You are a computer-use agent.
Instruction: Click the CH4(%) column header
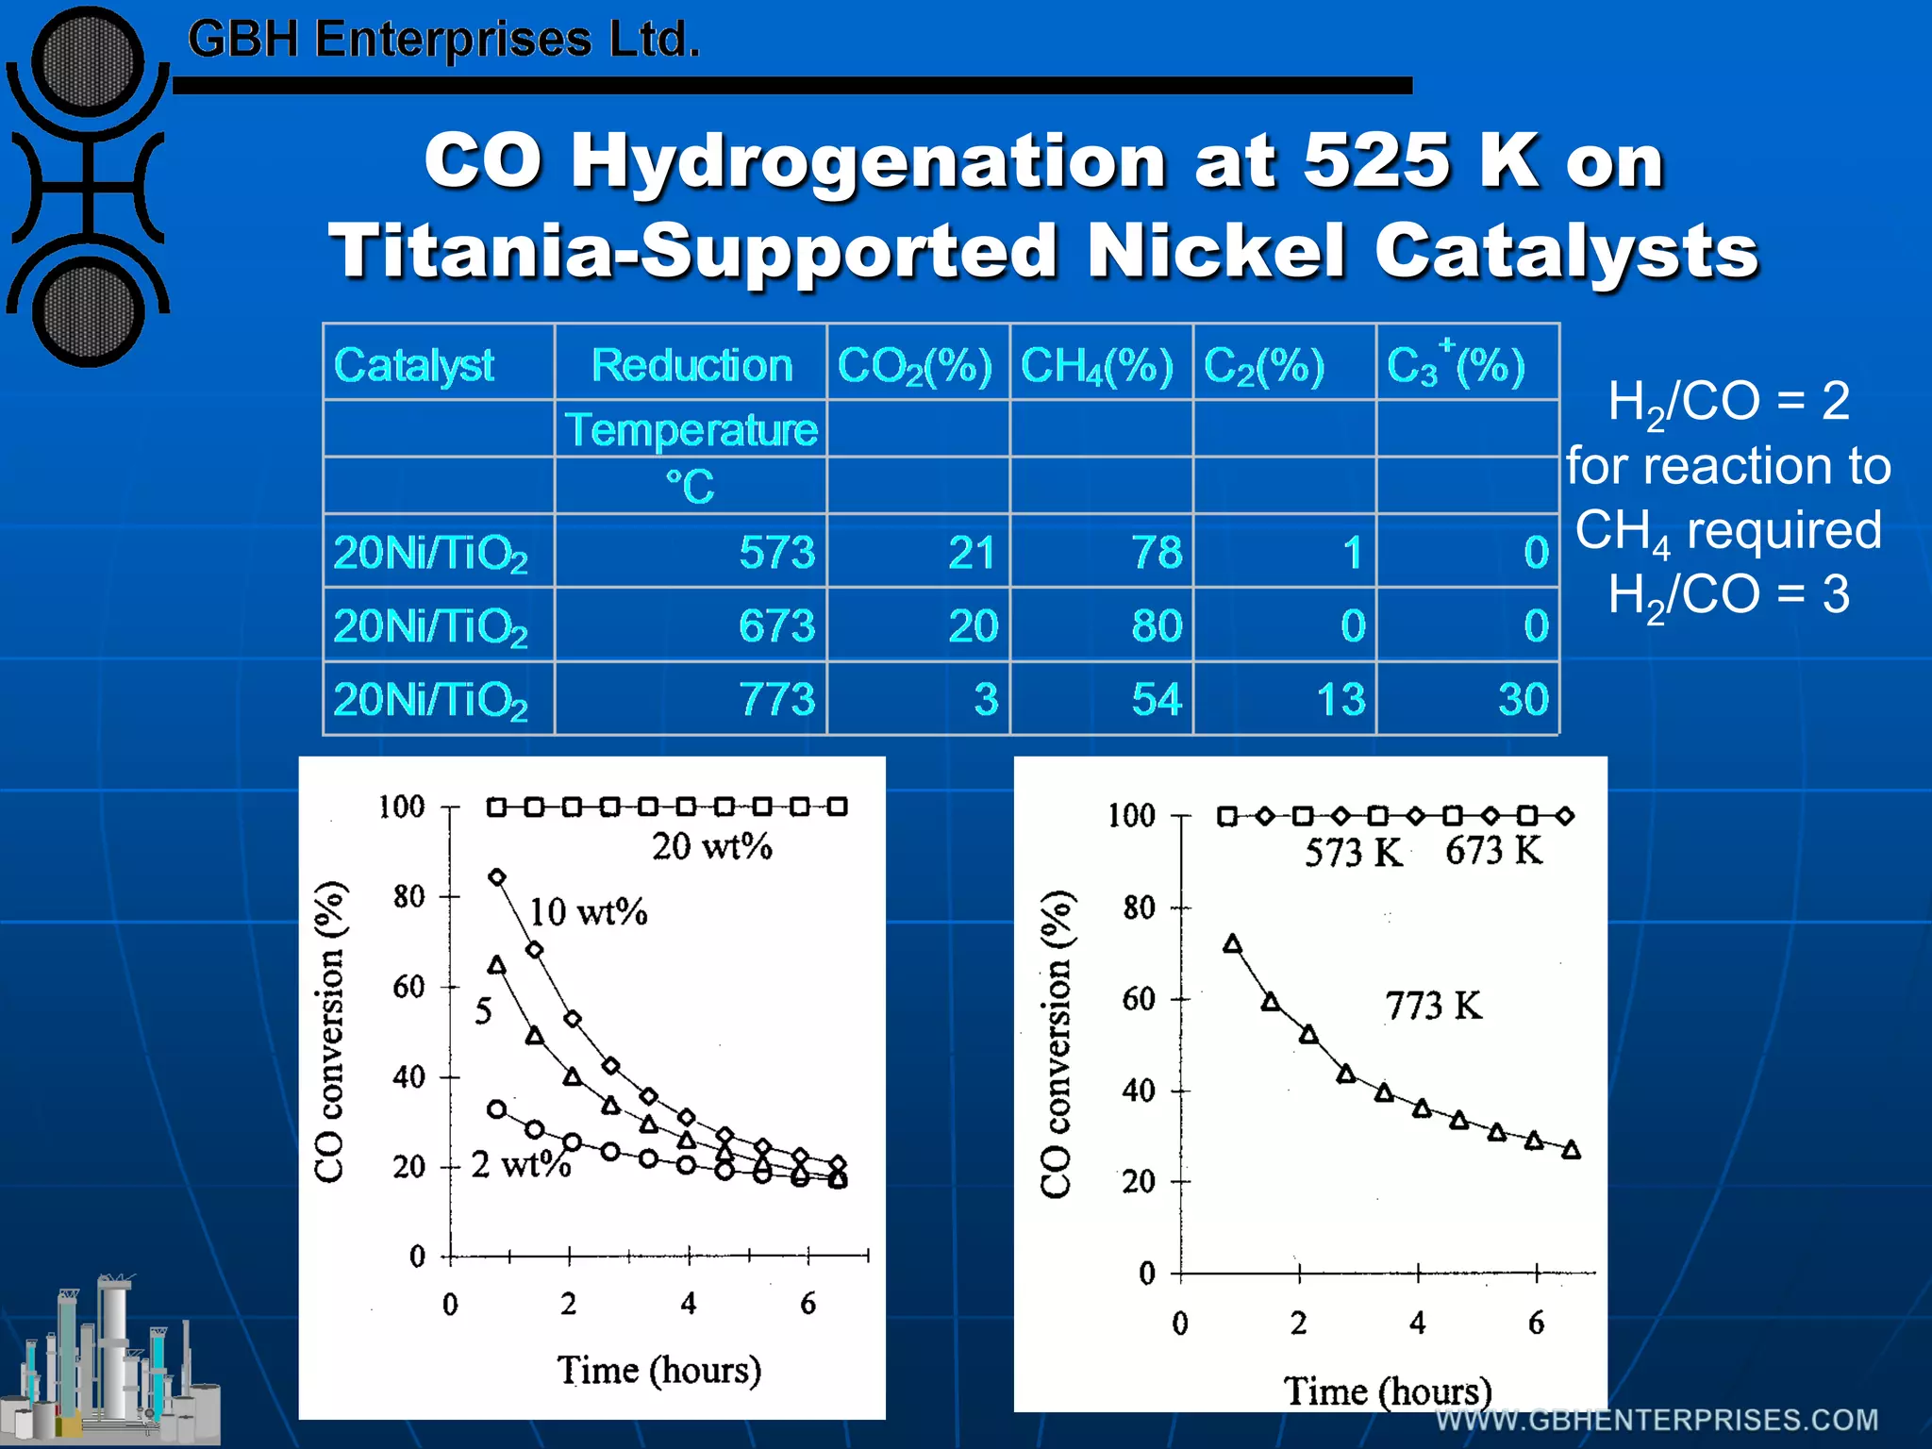[x=1097, y=365]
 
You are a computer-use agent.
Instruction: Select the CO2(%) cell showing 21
[x=972, y=552]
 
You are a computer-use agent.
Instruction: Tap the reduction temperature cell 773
[x=776, y=699]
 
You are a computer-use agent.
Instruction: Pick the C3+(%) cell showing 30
[x=1523, y=699]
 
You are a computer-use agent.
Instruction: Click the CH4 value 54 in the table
[x=1157, y=699]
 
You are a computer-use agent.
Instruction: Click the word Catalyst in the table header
[x=413, y=365]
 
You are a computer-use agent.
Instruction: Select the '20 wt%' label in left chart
[x=711, y=846]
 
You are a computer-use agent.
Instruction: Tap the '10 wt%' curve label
[x=587, y=912]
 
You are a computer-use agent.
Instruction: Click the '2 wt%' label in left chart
[x=521, y=1165]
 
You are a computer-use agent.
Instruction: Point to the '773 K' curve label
[x=1433, y=1006]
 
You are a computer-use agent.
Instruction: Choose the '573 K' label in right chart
[x=1352, y=853]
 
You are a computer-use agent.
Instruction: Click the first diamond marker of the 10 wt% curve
[x=497, y=877]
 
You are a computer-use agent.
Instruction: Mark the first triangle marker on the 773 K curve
[x=1232, y=944]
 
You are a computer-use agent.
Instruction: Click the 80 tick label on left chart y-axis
[x=408, y=896]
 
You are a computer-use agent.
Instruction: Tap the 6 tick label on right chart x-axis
[x=1536, y=1323]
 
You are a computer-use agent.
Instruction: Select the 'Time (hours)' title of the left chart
[x=658, y=1370]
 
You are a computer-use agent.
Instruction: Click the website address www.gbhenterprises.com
[x=1657, y=1420]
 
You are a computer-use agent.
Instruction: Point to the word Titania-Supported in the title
[x=692, y=251]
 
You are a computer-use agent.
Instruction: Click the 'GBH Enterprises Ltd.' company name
[x=443, y=40]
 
